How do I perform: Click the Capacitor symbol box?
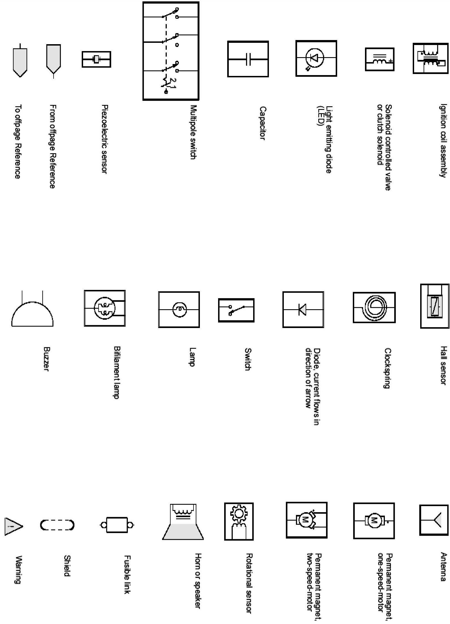pyautogui.click(x=248, y=59)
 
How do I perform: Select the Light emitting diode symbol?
pyautogui.click(x=316, y=58)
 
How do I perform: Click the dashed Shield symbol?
pyautogui.click(x=57, y=525)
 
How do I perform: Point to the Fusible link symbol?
pyautogui.click(x=117, y=525)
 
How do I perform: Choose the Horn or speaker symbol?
pyautogui.click(x=183, y=522)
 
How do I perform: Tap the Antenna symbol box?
pyautogui.click(x=433, y=520)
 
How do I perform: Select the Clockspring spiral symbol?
pyautogui.click(x=374, y=307)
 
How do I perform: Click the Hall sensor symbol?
pyautogui.click(x=434, y=306)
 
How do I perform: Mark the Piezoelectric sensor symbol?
pyautogui.click(x=96, y=59)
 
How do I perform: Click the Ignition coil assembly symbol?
pyautogui.click(x=430, y=58)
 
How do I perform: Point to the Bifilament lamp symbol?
pyautogui.click(x=105, y=308)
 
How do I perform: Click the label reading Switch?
pyautogui.click(x=248, y=359)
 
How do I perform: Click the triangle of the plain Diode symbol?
pyautogui.click(x=303, y=309)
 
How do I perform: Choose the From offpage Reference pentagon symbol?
pyautogui.click(x=53, y=59)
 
